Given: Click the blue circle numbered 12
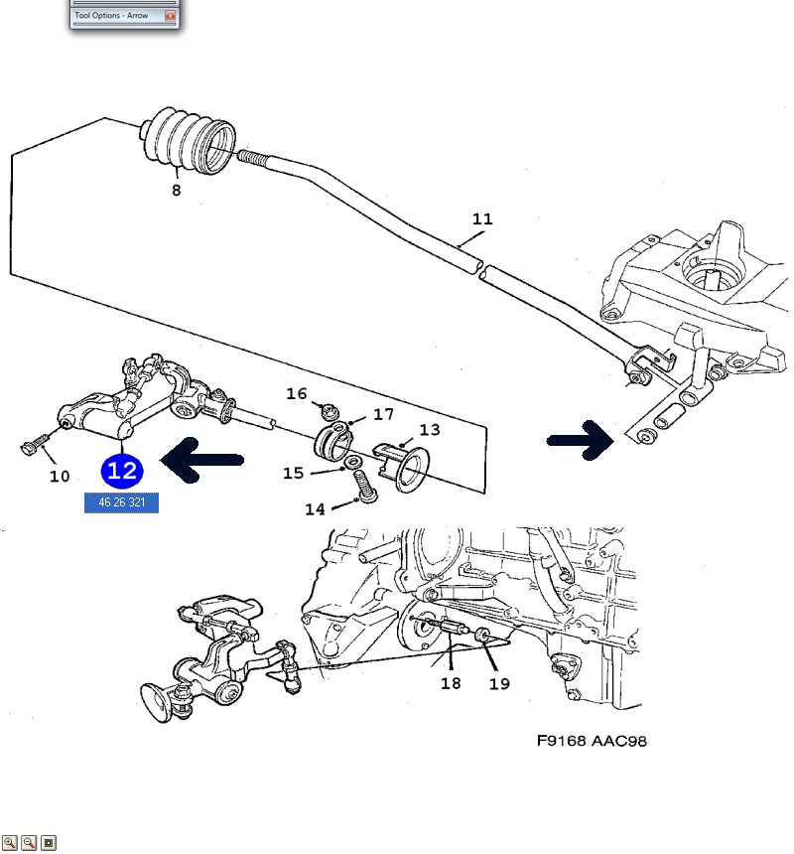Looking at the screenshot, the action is pyautogui.click(x=122, y=471).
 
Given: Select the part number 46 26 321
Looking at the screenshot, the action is pyautogui.click(x=121, y=502).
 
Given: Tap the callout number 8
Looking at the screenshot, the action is pyautogui.click(x=176, y=190).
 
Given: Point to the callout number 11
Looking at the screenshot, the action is pyautogui.click(x=482, y=218).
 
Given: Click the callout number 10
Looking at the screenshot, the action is pyautogui.click(x=60, y=477).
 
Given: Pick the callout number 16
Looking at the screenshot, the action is pyautogui.click(x=297, y=393).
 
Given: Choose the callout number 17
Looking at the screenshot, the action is pyautogui.click(x=383, y=414).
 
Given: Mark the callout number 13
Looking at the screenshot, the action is pyautogui.click(x=430, y=430).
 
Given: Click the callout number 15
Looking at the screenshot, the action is pyautogui.click(x=293, y=473).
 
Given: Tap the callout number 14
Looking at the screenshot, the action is pyautogui.click(x=315, y=509).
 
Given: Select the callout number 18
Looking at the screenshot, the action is pyautogui.click(x=451, y=683).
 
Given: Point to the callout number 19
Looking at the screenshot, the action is pyautogui.click(x=499, y=683).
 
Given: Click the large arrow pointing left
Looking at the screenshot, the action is pyautogui.click(x=201, y=460).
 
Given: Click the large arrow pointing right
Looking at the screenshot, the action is pyautogui.click(x=581, y=440).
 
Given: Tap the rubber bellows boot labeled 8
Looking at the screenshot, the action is pyautogui.click(x=188, y=141).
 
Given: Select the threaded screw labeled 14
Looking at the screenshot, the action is pyautogui.click(x=365, y=487).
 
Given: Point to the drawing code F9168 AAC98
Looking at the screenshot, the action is pyautogui.click(x=592, y=741).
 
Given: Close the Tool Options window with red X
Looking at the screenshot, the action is pyautogui.click(x=171, y=16).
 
